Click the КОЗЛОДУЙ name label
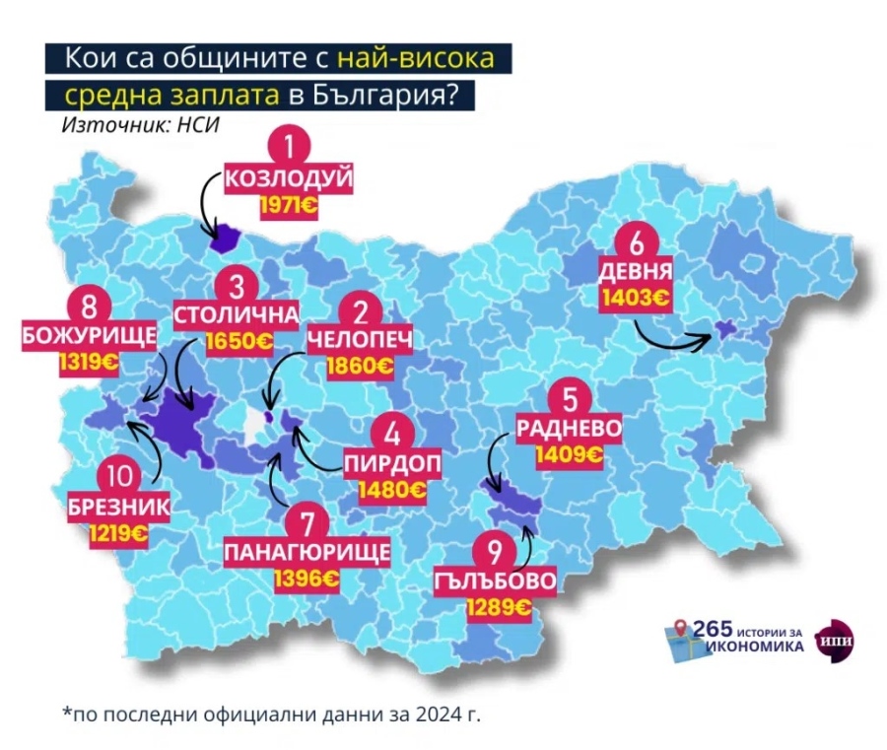click(x=288, y=180)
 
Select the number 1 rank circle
click(x=289, y=148)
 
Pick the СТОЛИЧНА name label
click(x=235, y=315)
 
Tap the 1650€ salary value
click(x=239, y=342)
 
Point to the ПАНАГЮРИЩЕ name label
click(x=307, y=550)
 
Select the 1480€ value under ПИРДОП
click(x=392, y=489)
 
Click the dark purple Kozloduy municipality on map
click(x=228, y=238)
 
